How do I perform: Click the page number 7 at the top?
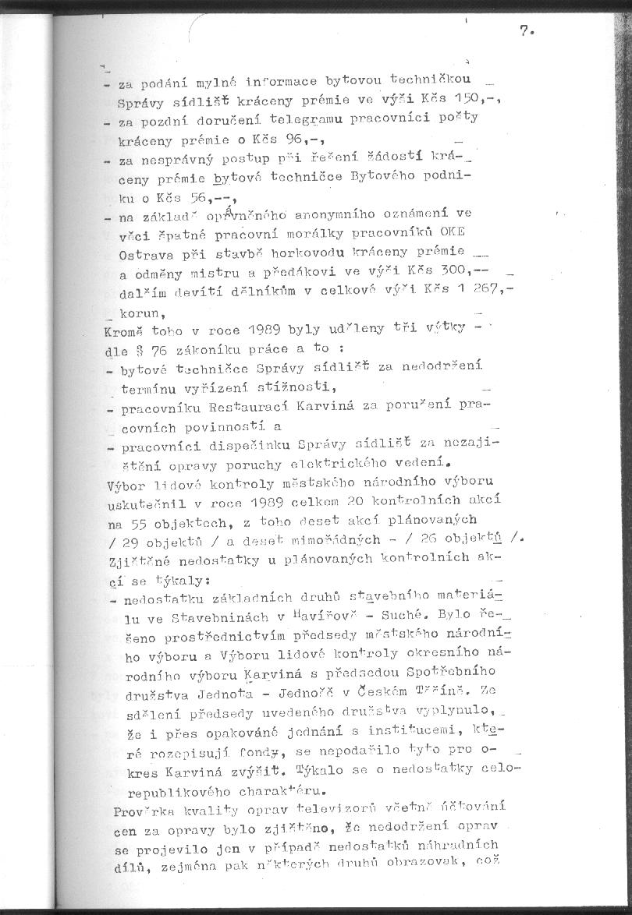(x=524, y=31)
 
